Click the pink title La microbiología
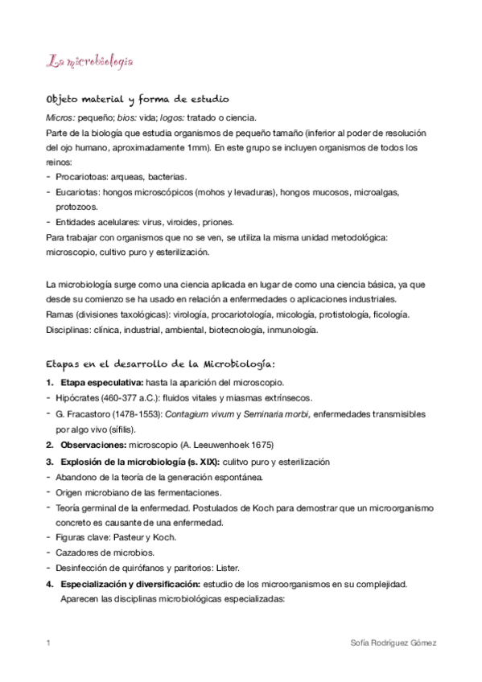89,60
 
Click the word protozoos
77,206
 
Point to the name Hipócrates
79,397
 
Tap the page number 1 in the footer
49,643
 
